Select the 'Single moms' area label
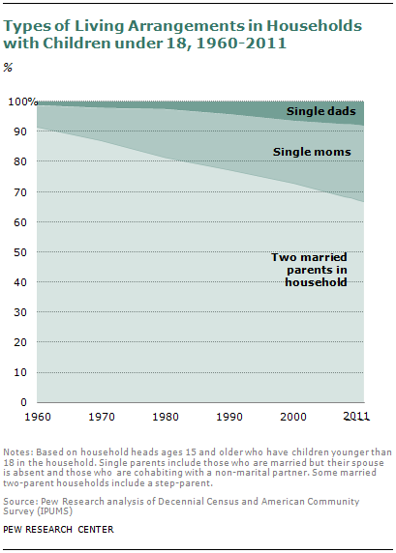[x=304, y=152]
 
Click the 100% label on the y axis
[x=23, y=102]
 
